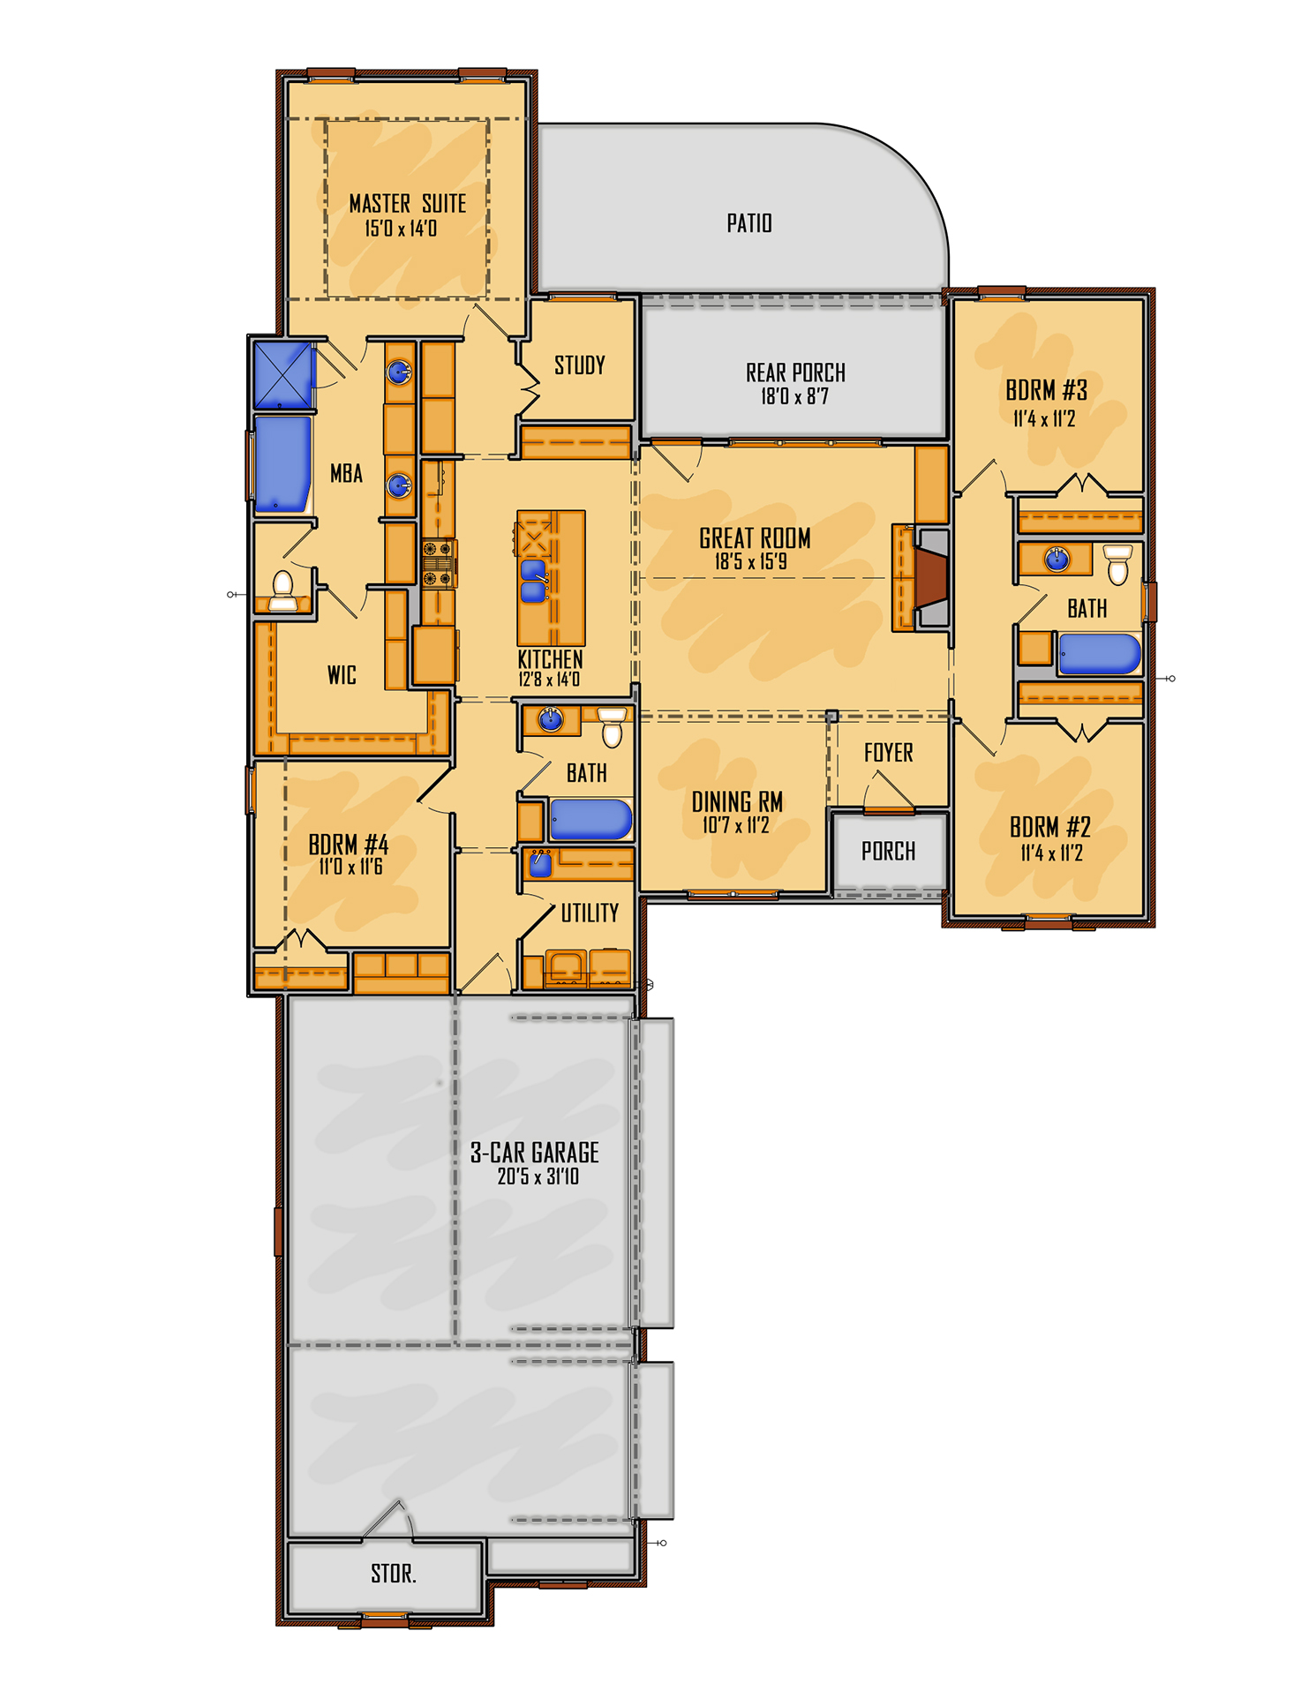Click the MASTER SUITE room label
(407, 204)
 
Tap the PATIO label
(748, 223)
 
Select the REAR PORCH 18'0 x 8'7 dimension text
(794, 396)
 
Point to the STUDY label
(579, 365)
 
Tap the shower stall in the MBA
(282, 375)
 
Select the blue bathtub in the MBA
(282, 464)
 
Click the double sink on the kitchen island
(532, 580)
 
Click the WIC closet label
(342, 675)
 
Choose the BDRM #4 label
(348, 845)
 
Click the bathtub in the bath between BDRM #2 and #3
(1099, 654)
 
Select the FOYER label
(888, 753)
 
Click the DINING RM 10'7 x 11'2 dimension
(735, 825)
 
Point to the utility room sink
(539, 864)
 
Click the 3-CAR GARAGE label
(534, 1153)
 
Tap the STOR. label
(393, 1574)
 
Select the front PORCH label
(888, 851)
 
